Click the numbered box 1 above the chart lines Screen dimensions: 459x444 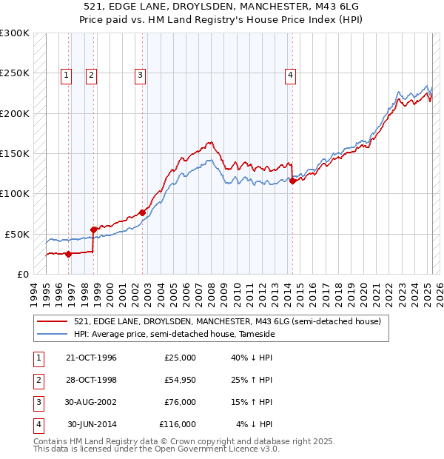pyautogui.click(x=67, y=74)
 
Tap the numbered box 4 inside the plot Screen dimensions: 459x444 pyautogui.click(x=291, y=74)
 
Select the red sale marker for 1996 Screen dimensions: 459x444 pyautogui.click(x=68, y=254)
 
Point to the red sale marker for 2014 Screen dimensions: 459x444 pyautogui.click(x=293, y=180)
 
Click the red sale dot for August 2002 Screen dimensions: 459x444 pyautogui.click(x=142, y=212)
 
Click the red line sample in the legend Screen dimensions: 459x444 pyautogui.click(x=52, y=321)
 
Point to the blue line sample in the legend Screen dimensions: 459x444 pyautogui.click(x=52, y=335)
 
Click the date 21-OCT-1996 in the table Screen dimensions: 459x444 pyautogui.click(x=91, y=358)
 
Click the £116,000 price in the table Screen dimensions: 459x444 pyautogui.click(x=178, y=424)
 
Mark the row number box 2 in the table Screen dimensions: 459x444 pyautogui.click(x=38, y=380)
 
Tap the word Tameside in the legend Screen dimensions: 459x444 pyautogui.click(x=255, y=335)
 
